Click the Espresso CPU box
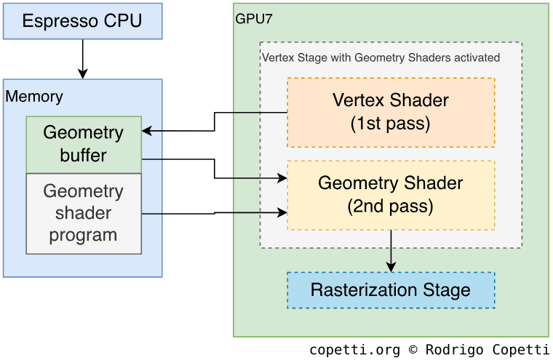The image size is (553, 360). point(82,20)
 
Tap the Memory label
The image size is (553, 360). point(34,96)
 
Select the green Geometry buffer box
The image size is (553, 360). point(84,144)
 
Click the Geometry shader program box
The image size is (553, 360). point(84,213)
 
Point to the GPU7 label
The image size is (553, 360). point(254,19)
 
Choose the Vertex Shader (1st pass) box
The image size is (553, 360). point(391,112)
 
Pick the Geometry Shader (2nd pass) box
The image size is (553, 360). point(391,195)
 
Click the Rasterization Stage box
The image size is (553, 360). point(391,290)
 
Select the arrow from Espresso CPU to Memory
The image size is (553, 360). point(82,58)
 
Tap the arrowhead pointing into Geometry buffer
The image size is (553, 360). point(147,131)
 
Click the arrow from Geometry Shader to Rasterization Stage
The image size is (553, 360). point(391,251)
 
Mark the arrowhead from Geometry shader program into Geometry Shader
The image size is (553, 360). point(283,212)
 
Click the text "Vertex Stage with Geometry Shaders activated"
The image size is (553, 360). point(381,57)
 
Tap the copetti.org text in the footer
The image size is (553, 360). point(354,350)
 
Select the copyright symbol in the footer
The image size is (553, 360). point(413,350)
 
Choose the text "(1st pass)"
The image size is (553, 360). point(391,124)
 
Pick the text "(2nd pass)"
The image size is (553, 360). point(391,207)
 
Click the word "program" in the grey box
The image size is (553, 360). point(84,235)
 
